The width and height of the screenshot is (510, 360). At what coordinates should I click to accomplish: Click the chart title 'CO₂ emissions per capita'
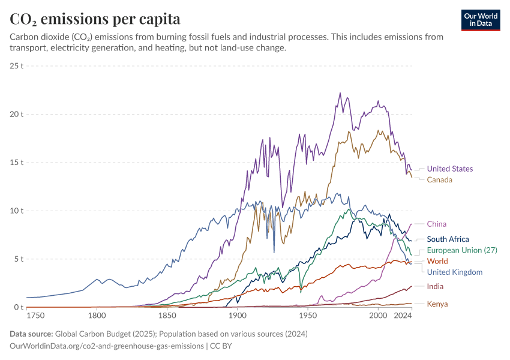(95, 19)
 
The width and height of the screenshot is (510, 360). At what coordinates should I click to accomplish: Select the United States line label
(449, 169)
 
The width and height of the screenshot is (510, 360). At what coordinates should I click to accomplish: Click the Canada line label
(439, 179)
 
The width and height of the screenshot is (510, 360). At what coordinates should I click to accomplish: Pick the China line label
(436, 224)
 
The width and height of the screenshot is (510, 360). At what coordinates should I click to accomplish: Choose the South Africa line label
(448, 239)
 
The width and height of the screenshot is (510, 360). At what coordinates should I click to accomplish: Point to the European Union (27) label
(461, 250)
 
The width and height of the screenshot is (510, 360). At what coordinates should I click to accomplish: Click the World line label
(437, 261)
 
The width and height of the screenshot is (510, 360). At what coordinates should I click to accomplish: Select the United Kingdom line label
(454, 272)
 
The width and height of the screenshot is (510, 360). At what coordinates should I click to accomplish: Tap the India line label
(435, 286)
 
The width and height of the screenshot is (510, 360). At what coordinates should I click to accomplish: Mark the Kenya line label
(437, 304)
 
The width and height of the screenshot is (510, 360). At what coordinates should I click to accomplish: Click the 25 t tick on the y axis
(16, 65)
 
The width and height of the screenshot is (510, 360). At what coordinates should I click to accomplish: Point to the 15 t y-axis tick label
(16, 162)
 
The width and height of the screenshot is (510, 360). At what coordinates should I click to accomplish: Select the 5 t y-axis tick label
(18, 259)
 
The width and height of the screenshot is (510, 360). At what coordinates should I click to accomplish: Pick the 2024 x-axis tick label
(403, 315)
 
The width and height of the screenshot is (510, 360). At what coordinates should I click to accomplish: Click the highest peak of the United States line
(340, 93)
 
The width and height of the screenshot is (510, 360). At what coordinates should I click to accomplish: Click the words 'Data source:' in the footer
(31, 334)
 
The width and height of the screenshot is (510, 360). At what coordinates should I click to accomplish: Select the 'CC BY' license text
(221, 346)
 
